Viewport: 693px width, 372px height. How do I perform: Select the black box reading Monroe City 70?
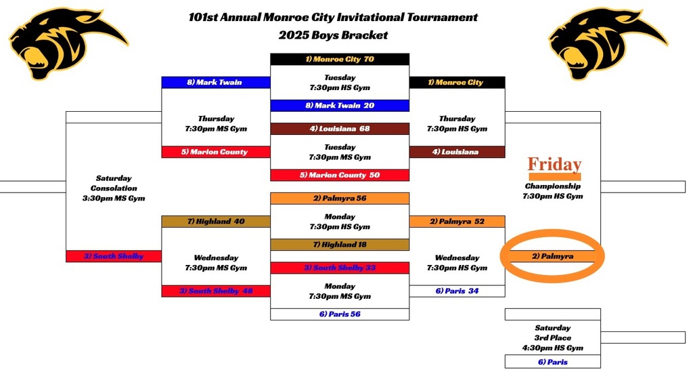tap(340, 59)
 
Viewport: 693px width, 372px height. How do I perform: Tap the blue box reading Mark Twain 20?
tap(340, 106)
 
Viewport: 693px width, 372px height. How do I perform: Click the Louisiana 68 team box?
tap(340, 129)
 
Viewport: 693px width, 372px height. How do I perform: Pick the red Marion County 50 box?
tap(340, 175)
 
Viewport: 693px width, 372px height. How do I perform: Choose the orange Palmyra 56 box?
tap(340, 199)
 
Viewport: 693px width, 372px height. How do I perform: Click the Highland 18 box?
tap(340, 245)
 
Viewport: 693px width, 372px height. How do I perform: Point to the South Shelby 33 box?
tap(340, 268)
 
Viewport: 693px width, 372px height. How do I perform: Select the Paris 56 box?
tap(340, 314)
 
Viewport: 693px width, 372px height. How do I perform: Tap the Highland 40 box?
tap(216, 222)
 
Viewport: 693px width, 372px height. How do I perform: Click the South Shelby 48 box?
tap(216, 291)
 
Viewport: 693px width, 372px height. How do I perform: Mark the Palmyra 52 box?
tap(457, 222)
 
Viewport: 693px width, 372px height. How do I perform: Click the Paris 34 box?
tap(457, 291)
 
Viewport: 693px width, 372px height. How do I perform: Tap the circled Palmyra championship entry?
tap(552, 256)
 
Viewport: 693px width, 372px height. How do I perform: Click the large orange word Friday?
tap(554, 165)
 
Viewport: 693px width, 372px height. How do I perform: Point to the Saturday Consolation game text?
tap(114, 188)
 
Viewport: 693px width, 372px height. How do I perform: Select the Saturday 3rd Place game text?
tap(552, 337)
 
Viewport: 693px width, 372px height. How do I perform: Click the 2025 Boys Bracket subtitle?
tap(333, 35)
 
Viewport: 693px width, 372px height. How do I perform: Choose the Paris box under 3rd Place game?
tap(552, 362)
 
